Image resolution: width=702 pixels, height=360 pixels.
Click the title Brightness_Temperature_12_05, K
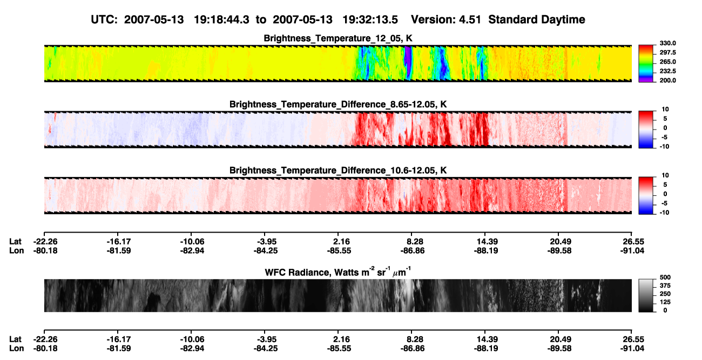click(338, 38)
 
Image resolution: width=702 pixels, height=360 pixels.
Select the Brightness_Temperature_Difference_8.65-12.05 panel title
click(338, 104)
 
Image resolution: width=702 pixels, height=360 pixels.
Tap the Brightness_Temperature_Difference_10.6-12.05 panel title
click(338, 171)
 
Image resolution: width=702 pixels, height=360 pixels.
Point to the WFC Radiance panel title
click(338, 271)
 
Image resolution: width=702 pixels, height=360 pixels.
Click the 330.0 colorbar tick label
click(667, 43)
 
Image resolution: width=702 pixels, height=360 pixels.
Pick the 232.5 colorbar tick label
click(667, 71)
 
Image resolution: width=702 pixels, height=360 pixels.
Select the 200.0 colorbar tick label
click(667, 80)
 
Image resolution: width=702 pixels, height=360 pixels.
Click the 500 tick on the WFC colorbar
click(665, 277)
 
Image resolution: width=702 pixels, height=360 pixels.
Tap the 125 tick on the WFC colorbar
click(665, 302)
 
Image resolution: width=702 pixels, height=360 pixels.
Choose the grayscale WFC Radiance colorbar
click(646, 295)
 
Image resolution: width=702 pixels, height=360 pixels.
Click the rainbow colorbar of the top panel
click(646, 64)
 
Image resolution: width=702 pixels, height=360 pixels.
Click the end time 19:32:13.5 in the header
click(370, 20)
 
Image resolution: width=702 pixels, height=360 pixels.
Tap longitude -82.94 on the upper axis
click(192, 250)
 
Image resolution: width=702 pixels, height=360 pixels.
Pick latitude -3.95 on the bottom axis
click(266, 339)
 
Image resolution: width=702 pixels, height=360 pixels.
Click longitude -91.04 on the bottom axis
click(632, 349)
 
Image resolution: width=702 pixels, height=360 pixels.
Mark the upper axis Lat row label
click(15, 242)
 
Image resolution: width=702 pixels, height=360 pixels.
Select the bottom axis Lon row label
click(16, 349)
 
